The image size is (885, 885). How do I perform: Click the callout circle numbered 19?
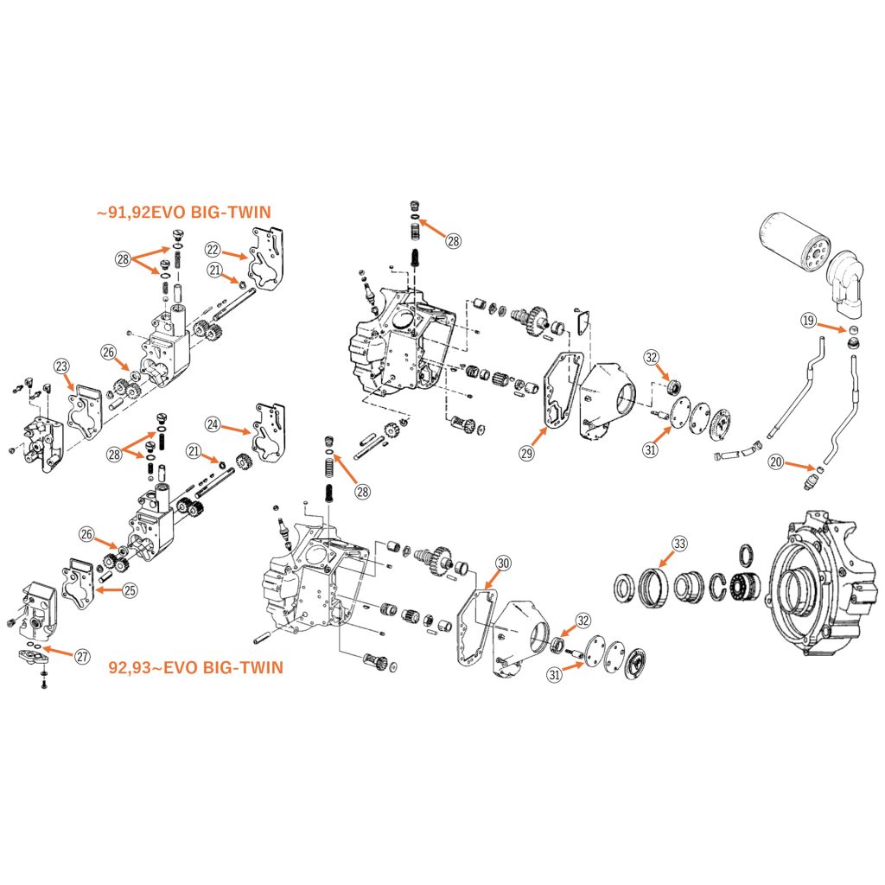click(808, 321)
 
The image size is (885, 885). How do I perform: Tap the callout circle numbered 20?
click(776, 462)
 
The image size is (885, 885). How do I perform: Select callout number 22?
click(213, 249)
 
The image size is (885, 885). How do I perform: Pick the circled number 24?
click(213, 423)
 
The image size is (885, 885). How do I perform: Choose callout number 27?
click(82, 657)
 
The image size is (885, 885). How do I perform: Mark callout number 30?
click(503, 563)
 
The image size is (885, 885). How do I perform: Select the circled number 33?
click(680, 543)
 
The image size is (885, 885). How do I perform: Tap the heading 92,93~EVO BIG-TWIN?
click(197, 667)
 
